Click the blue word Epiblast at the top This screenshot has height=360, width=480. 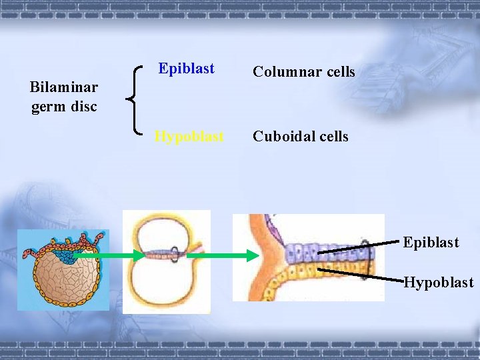[x=187, y=69]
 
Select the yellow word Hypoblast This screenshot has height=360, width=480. [x=189, y=137]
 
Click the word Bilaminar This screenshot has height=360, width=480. [x=64, y=87]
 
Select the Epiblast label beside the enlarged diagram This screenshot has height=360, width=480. [x=431, y=242]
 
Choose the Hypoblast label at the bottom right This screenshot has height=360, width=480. [x=439, y=283]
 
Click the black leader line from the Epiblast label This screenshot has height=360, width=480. [x=360, y=248]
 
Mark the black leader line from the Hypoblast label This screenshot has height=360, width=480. [x=360, y=273]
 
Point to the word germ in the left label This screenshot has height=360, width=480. [x=46, y=106]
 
